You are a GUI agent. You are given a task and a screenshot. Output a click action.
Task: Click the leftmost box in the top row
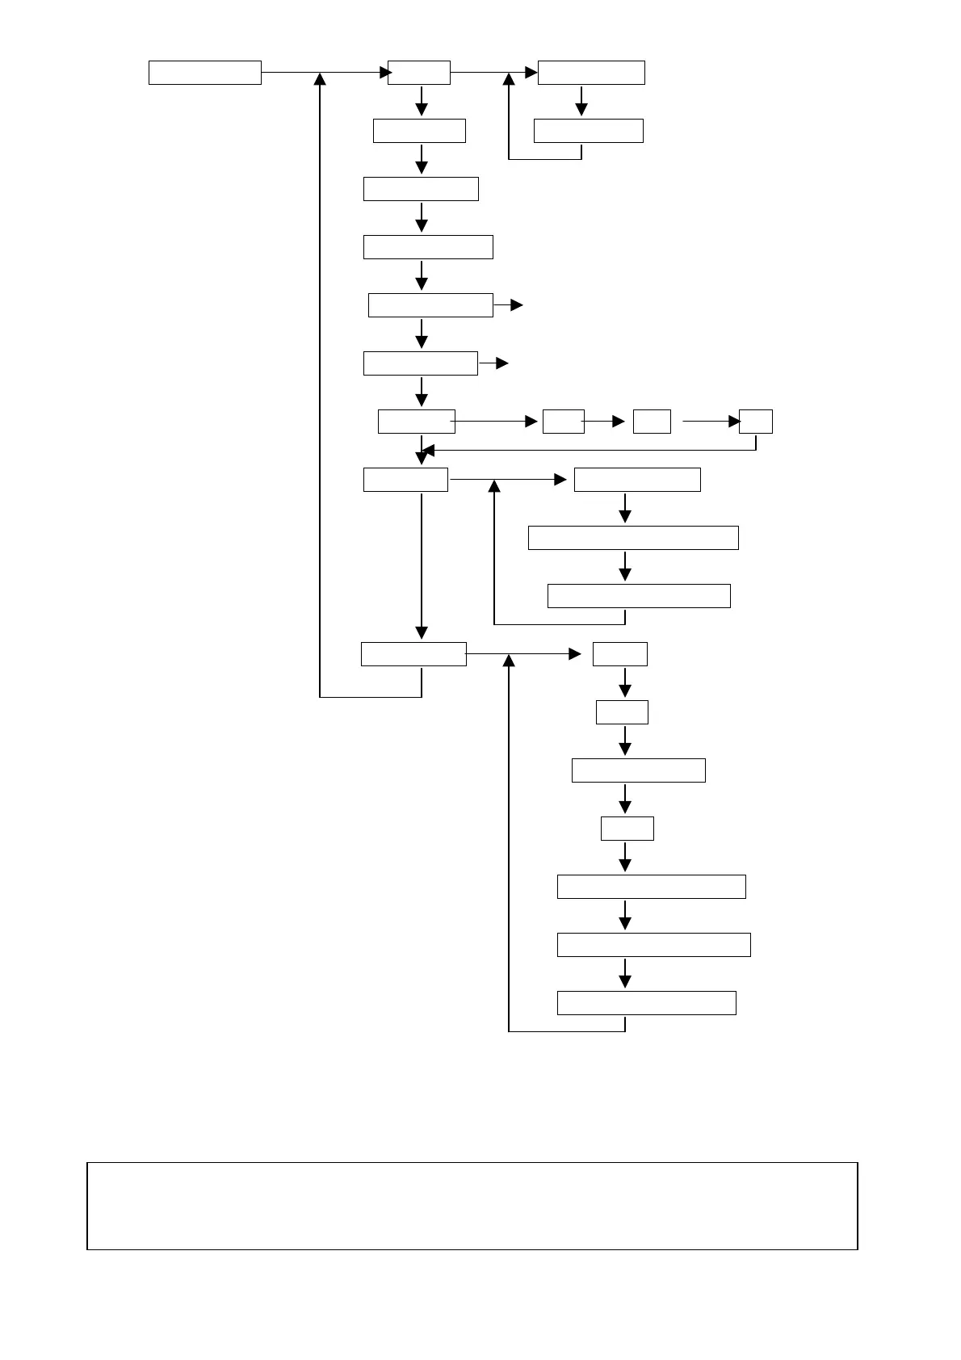click(205, 73)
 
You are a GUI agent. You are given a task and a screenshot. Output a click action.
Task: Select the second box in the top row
click(419, 73)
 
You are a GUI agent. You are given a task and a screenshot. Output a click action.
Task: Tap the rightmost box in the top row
click(591, 73)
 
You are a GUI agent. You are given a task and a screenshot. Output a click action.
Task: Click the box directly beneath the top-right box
click(589, 131)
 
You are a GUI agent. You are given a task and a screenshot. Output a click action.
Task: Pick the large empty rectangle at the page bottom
click(472, 1206)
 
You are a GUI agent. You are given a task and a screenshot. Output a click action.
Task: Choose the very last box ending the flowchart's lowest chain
click(646, 1003)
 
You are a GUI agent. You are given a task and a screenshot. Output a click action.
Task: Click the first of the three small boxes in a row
click(564, 422)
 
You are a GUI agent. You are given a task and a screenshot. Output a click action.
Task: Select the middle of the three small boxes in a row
click(652, 422)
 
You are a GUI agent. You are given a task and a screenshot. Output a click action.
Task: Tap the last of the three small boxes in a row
click(756, 422)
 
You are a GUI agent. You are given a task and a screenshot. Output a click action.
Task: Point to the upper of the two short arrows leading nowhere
click(516, 305)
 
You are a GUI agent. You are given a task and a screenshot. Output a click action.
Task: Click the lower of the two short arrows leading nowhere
click(501, 363)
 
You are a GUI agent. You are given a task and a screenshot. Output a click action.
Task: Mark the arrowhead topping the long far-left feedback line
click(321, 79)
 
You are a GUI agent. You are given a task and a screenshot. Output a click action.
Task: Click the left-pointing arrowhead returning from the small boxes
click(429, 450)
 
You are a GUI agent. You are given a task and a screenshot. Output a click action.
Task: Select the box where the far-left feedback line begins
click(413, 654)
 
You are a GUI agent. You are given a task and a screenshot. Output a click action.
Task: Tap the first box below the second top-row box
click(419, 131)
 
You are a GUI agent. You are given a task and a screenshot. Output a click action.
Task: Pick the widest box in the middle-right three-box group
click(633, 538)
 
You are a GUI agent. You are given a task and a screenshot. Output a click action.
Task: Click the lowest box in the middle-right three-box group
click(639, 596)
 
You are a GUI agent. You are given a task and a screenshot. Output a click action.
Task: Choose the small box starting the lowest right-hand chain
click(620, 654)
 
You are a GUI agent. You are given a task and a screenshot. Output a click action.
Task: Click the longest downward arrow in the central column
click(422, 565)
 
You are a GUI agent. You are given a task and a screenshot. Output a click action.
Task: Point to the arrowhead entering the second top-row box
click(386, 73)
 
